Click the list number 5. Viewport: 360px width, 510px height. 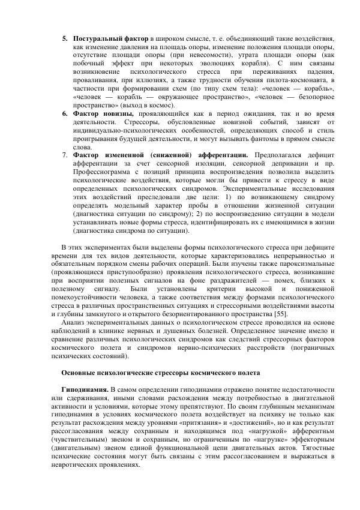64,38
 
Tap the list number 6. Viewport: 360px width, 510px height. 64,113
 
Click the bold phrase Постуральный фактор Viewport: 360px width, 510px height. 110,38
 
